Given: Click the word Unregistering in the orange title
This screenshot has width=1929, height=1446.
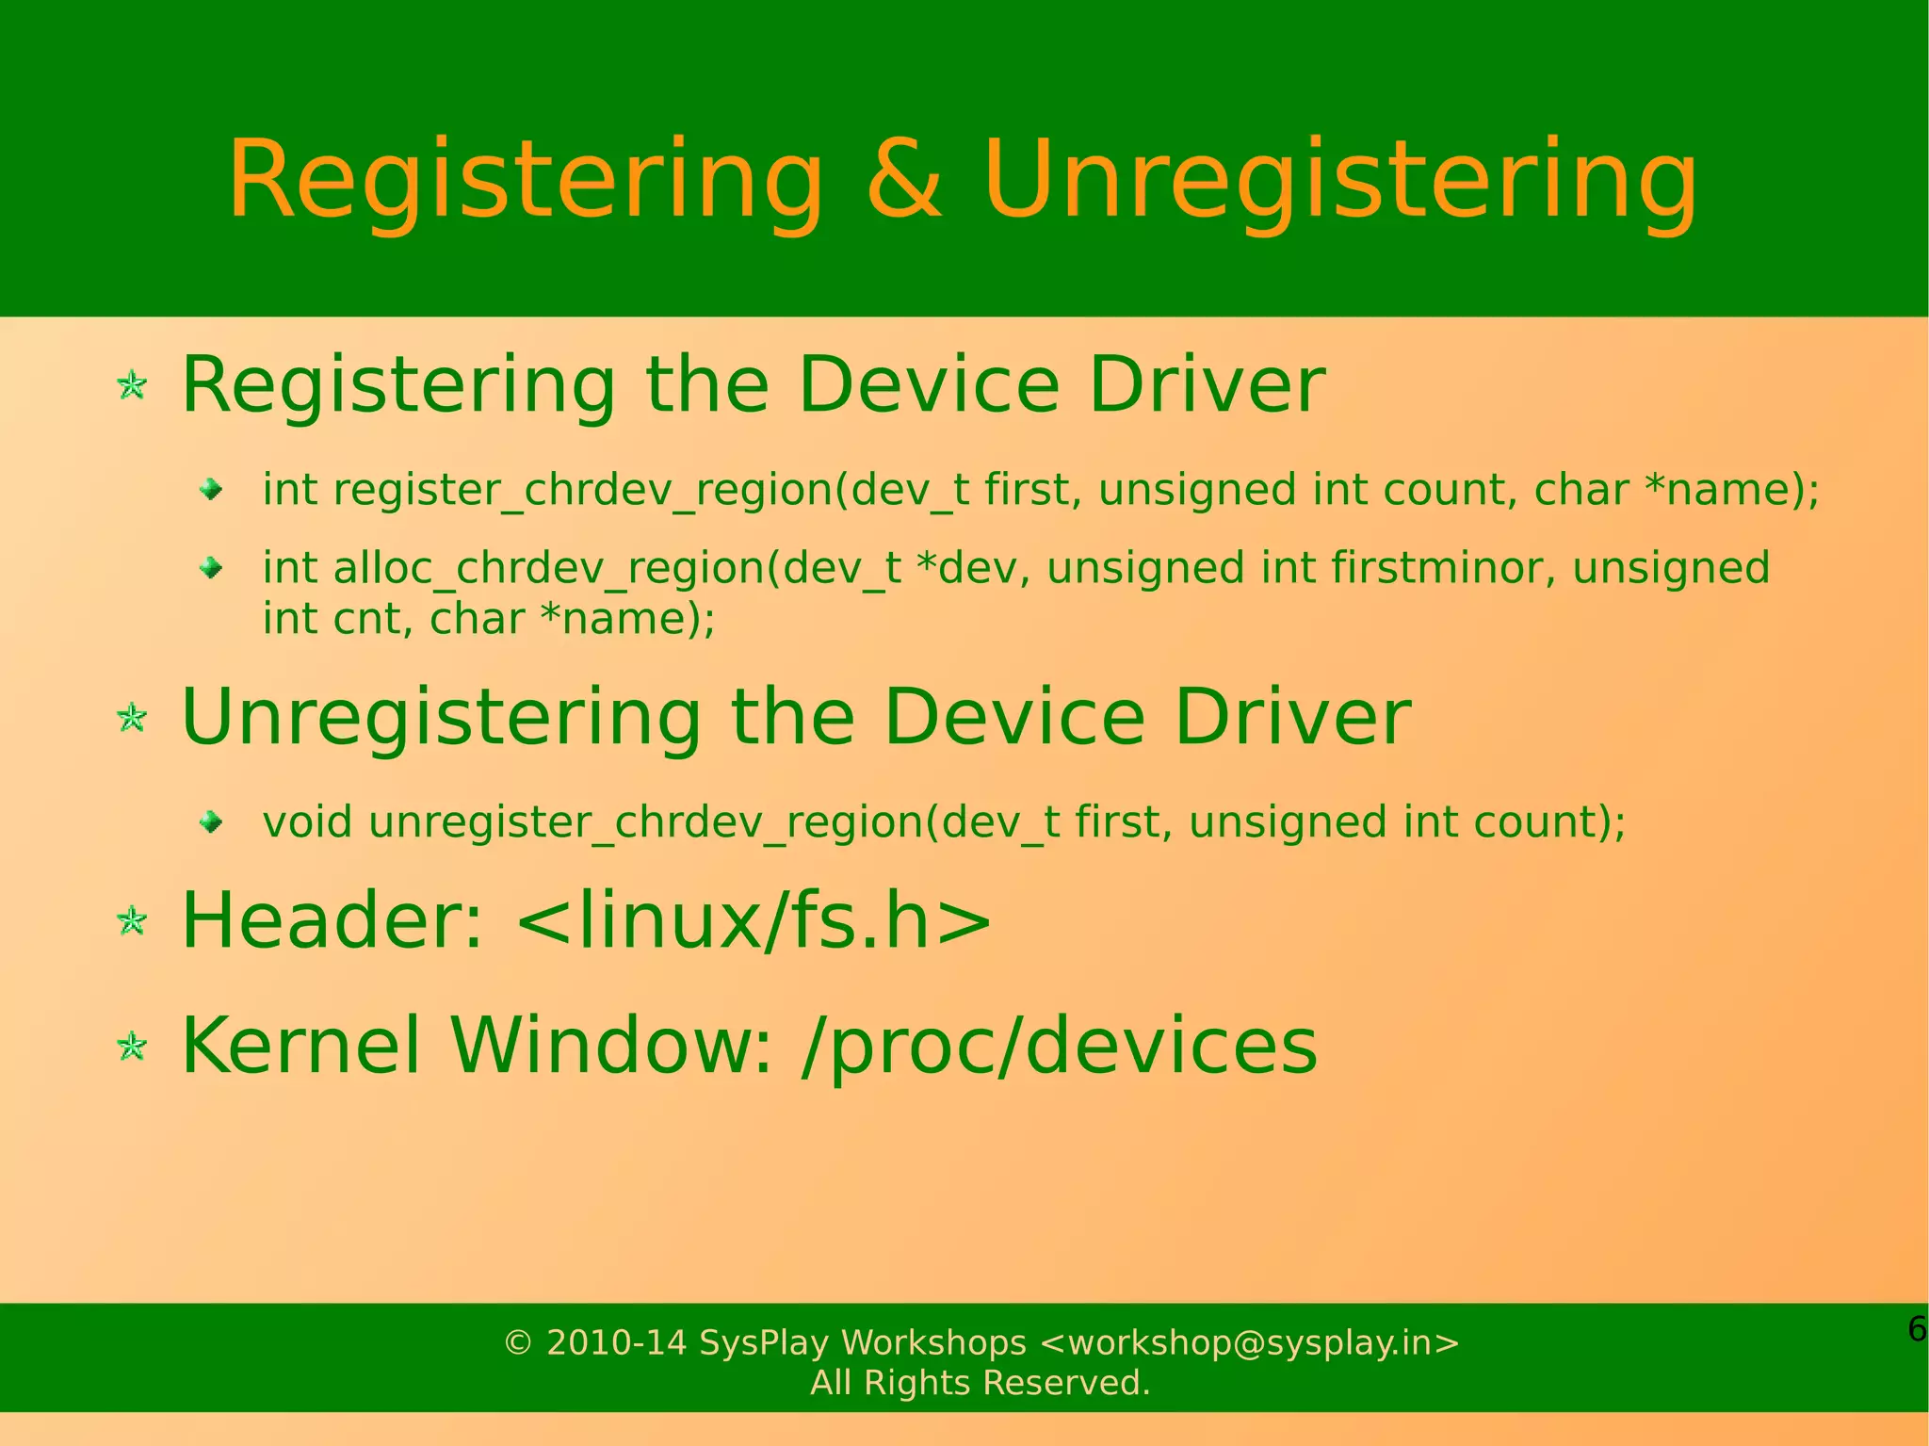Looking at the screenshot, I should coord(1339,181).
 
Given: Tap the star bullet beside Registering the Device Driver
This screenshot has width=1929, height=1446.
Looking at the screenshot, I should coord(132,385).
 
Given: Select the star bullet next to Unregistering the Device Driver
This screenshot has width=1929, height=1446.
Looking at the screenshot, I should coord(132,718).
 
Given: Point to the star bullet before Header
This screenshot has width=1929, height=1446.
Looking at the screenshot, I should coord(132,921).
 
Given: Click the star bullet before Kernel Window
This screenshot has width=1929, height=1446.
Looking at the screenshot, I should coord(132,1047).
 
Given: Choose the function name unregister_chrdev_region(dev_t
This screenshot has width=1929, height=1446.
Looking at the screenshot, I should coord(713,822).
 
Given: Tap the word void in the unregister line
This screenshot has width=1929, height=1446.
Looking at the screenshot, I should coord(308,822).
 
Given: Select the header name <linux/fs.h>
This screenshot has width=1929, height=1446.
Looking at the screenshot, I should coord(754,920).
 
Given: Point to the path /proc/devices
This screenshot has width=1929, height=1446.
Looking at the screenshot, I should coord(1059,1047).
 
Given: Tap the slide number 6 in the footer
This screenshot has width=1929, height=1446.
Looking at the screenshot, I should coord(1916,1329).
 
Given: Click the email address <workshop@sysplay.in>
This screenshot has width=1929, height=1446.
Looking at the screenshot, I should coord(1249,1342).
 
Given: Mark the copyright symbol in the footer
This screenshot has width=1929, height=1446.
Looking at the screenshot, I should coord(518,1342).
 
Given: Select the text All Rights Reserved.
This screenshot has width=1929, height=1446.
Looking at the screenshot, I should coord(981,1383).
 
